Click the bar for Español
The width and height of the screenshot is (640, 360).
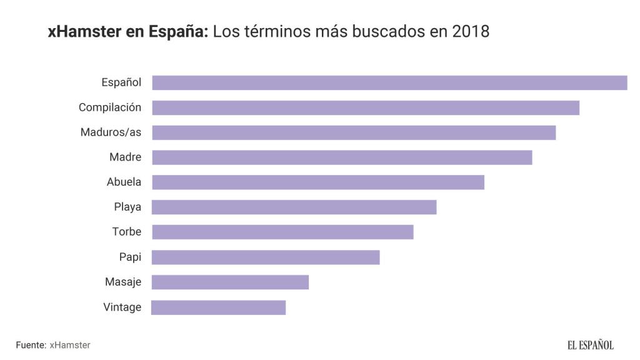tap(389, 82)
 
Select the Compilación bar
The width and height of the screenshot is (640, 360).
tap(366, 107)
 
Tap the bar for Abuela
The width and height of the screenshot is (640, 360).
tap(318, 182)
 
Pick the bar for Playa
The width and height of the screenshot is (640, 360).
tap(294, 207)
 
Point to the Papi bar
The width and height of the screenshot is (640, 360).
tap(266, 257)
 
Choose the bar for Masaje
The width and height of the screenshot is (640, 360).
tap(230, 282)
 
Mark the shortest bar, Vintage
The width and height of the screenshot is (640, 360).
tap(219, 307)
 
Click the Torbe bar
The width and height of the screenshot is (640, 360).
tap(282, 232)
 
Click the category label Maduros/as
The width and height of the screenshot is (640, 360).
tap(111, 132)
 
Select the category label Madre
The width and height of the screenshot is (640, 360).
tap(125, 157)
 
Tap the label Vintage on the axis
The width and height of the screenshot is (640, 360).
tap(122, 307)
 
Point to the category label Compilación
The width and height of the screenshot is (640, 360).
tap(110, 107)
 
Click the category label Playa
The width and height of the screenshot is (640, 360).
tap(127, 207)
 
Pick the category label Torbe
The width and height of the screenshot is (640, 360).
tap(127, 232)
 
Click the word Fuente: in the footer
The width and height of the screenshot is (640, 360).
tap(31, 345)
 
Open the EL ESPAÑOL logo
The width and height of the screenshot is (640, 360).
tap(590, 345)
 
